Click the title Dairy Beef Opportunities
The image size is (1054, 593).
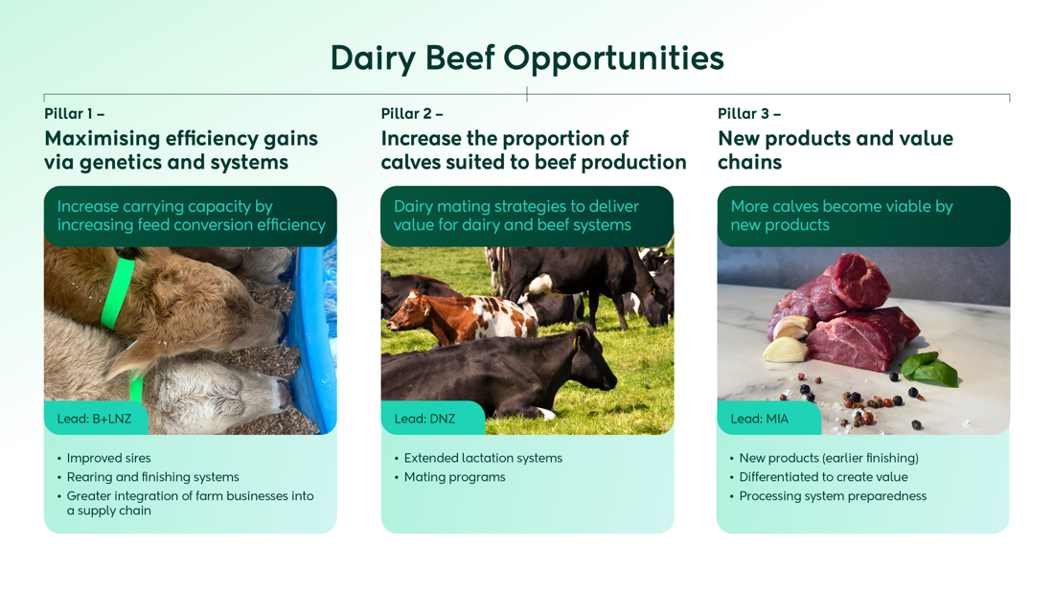[x=527, y=58]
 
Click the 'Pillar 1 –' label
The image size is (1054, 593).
[x=74, y=114]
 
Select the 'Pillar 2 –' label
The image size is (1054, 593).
[x=411, y=114]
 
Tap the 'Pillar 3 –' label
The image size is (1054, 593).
[x=748, y=114]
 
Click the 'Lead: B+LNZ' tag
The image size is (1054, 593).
[x=94, y=419]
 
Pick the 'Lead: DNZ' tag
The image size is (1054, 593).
[x=424, y=419]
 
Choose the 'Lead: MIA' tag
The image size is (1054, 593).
[x=759, y=419]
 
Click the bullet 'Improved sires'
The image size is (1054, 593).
[x=108, y=458]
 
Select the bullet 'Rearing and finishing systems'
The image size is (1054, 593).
[x=152, y=477]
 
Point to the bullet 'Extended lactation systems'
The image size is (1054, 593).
[x=483, y=458]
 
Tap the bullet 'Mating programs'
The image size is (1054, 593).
[x=454, y=477]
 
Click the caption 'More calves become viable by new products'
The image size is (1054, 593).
[x=841, y=216]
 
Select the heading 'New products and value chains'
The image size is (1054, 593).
[x=835, y=150]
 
